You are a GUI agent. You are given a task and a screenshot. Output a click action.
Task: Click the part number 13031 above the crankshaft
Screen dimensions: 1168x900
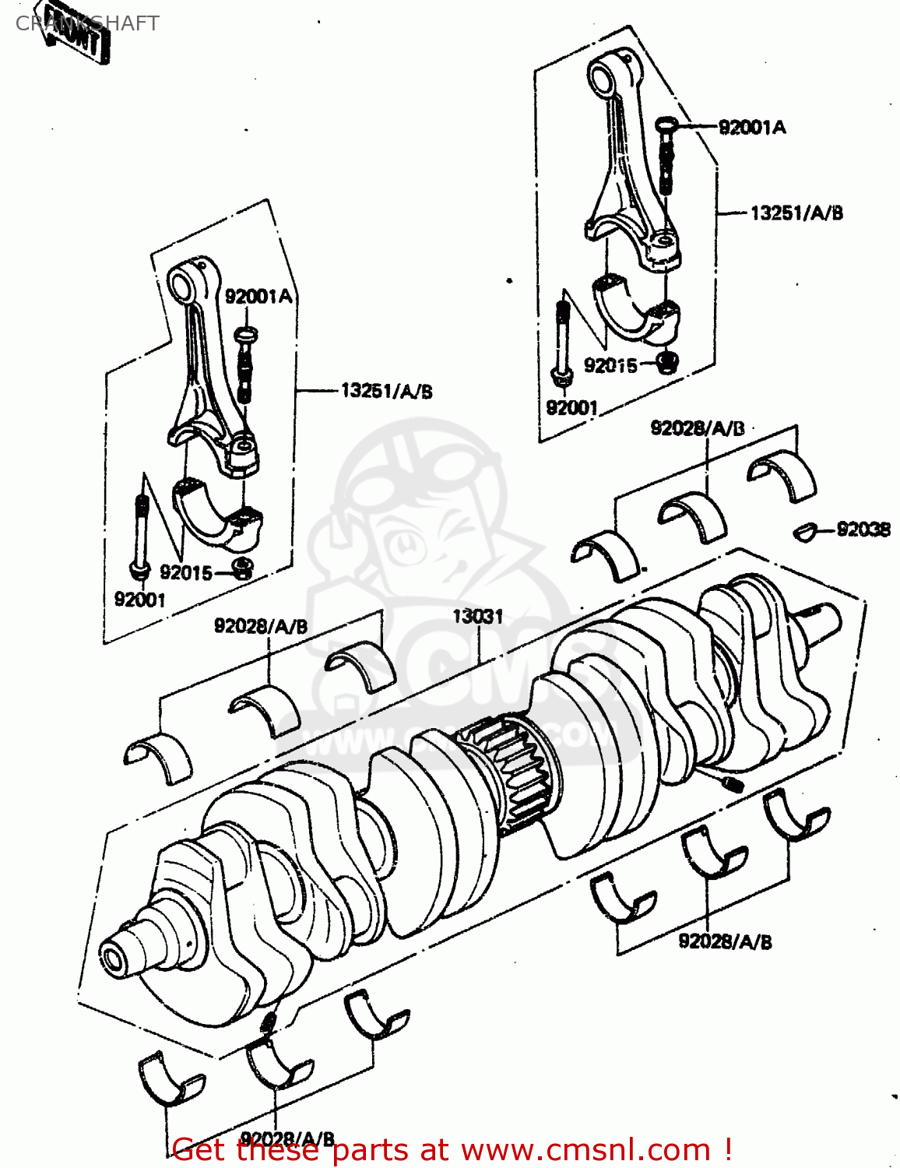[477, 617]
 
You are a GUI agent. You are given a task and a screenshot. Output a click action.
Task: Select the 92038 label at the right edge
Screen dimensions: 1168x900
[863, 529]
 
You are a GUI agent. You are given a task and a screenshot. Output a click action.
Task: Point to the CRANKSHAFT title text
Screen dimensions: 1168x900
[87, 23]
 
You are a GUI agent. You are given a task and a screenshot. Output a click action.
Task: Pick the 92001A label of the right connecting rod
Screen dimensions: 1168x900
[751, 128]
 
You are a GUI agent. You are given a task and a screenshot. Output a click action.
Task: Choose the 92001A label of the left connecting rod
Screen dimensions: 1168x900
[258, 297]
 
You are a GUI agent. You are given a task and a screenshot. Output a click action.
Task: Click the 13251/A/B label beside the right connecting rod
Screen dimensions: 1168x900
[796, 213]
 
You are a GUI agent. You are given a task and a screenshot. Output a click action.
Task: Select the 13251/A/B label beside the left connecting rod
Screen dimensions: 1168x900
[386, 391]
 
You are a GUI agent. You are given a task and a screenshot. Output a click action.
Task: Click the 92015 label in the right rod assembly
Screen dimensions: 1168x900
[610, 365]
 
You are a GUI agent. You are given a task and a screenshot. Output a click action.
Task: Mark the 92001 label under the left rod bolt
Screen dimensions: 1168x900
[140, 600]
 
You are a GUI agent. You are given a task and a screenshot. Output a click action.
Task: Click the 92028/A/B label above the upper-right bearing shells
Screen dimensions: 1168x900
[698, 428]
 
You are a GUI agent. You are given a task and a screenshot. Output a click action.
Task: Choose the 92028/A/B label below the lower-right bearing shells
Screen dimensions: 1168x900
[725, 941]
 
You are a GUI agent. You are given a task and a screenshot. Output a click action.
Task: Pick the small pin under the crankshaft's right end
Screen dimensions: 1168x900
[733, 784]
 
